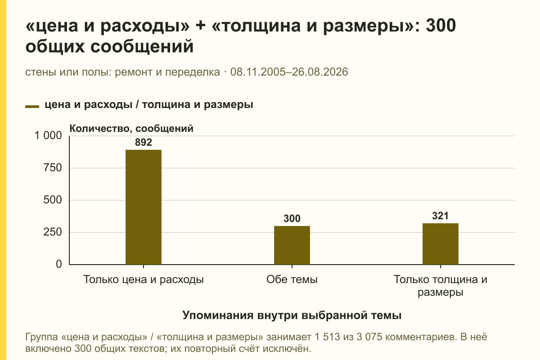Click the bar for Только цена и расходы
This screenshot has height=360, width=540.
(x=144, y=207)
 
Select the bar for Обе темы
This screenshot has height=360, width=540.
(x=292, y=245)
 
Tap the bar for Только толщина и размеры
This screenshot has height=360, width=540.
(x=441, y=244)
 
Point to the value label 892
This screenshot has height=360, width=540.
(x=144, y=142)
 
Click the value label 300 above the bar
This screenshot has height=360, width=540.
(x=292, y=218)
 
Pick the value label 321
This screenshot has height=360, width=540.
(x=440, y=216)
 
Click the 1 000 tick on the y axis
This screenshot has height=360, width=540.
(x=48, y=135)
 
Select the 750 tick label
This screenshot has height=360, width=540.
(x=53, y=168)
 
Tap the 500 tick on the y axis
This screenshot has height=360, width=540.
(x=53, y=200)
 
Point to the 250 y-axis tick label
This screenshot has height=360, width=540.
(x=53, y=232)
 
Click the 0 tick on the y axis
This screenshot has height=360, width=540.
(x=59, y=264)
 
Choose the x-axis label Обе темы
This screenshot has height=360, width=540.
(x=292, y=279)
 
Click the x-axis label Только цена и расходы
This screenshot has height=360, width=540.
(x=144, y=280)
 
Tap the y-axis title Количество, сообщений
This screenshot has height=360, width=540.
(x=131, y=129)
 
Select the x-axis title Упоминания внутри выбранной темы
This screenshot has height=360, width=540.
(x=292, y=315)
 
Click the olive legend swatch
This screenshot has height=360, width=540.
(x=32, y=107)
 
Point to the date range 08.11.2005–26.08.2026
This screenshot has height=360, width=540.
(x=289, y=72)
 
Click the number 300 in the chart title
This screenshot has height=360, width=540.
(x=441, y=25)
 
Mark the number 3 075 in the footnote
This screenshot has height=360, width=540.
(x=369, y=337)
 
